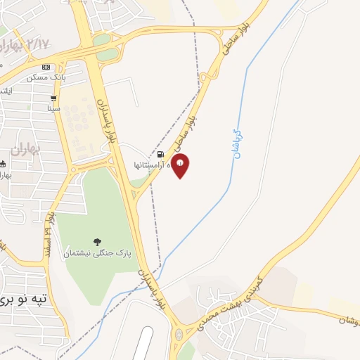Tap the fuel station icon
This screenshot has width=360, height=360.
pyautogui.click(x=161, y=155)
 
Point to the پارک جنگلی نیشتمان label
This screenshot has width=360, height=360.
pyautogui.click(x=97, y=252)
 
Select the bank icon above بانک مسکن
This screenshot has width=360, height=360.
pyautogui.click(x=46, y=67)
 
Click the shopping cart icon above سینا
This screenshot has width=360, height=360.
pyautogui.click(x=53, y=98)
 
